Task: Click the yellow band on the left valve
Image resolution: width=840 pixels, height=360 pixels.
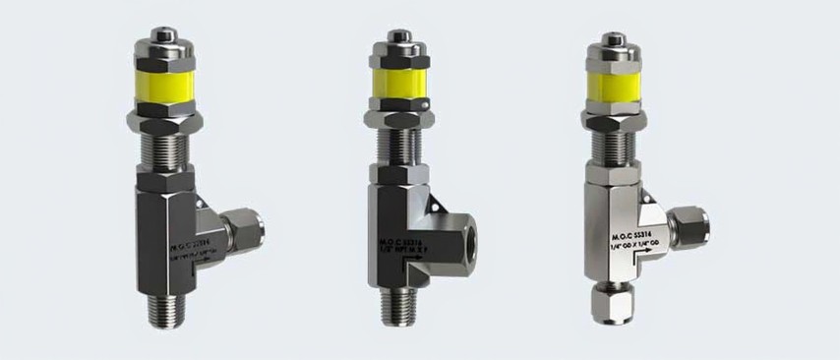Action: click(x=168, y=85)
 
